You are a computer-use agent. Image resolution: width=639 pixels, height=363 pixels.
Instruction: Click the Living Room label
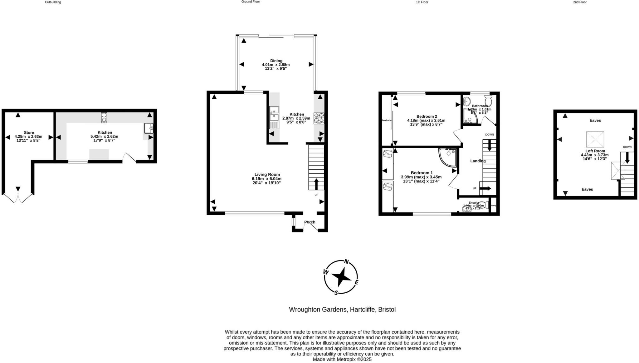(x=267, y=175)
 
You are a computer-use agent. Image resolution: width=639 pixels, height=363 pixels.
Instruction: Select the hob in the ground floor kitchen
(x=319, y=118)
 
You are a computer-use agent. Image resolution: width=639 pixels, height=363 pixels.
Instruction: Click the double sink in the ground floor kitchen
(x=274, y=114)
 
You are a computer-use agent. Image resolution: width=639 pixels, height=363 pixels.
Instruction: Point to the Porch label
(x=310, y=222)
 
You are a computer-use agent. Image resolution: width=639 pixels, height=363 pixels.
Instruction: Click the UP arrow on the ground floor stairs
(x=316, y=184)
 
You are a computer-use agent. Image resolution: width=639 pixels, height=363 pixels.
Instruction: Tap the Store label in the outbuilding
(x=29, y=132)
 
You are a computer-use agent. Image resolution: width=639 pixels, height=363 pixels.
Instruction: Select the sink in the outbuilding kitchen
(x=149, y=128)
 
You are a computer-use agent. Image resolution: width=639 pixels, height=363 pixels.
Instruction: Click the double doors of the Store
(x=18, y=198)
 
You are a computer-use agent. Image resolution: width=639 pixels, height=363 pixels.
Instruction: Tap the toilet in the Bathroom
(x=488, y=101)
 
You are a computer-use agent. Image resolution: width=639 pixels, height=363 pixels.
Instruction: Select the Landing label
(x=478, y=161)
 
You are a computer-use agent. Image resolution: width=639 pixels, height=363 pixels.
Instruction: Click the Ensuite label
(x=474, y=202)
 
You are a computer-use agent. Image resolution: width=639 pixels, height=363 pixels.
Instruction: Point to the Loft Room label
(x=595, y=151)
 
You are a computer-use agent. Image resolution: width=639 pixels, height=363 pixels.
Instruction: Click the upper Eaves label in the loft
(x=595, y=120)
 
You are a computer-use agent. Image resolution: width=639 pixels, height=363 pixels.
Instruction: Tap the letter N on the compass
(x=346, y=262)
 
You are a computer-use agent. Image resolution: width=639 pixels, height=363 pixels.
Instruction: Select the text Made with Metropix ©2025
(x=342, y=360)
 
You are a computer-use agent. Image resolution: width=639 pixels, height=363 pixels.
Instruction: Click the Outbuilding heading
(x=53, y=2)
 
